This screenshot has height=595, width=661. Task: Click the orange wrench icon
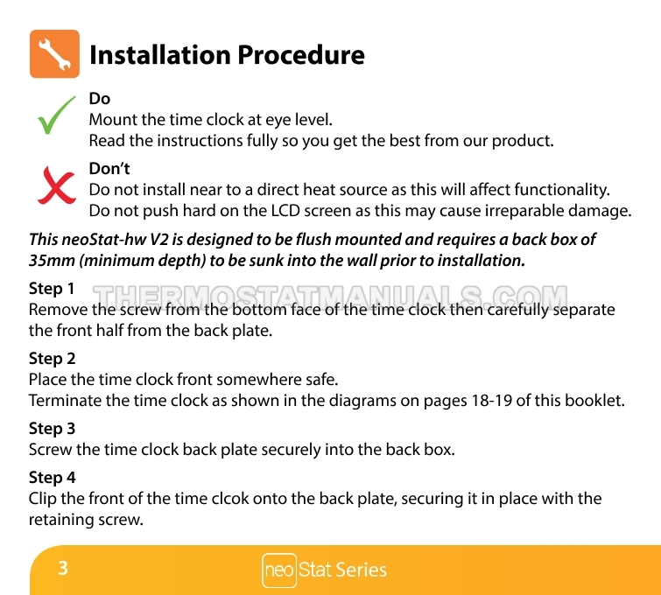click(54, 54)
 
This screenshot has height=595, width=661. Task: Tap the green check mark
click(56, 115)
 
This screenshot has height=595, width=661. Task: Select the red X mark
click(57, 185)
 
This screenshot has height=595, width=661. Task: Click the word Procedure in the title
click(301, 55)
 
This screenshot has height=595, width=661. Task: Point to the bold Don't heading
click(109, 169)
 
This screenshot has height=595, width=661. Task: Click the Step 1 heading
click(52, 289)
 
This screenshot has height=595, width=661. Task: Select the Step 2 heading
click(52, 359)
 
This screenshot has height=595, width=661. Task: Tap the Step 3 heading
click(52, 429)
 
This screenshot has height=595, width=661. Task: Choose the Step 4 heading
click(52, 478)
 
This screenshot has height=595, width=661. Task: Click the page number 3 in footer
click(63, 568)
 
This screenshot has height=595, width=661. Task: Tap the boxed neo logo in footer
click(279, 570)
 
